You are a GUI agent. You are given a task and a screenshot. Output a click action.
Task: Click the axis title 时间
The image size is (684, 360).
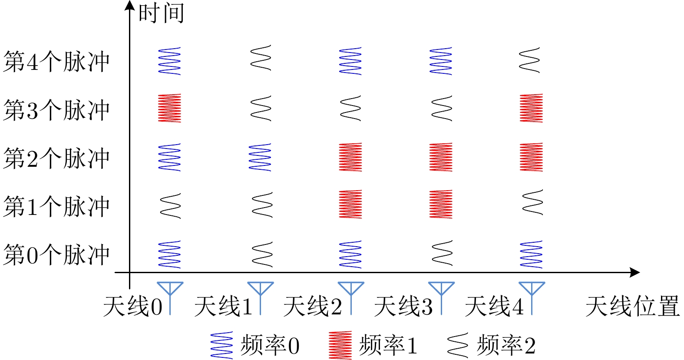point(161,13)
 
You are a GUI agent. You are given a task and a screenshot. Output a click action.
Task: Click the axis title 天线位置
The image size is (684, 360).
point(632,306)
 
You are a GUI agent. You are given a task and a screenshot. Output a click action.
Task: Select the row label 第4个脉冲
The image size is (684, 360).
point(56,61)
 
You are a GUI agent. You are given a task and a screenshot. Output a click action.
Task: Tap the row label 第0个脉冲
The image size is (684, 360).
point(56,254)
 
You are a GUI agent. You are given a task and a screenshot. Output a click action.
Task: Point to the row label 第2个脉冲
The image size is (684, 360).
point(56,158)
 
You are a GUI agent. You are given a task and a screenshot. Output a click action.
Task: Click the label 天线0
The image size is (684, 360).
point(132,306)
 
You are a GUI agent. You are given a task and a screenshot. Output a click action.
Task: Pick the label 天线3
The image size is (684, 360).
point(403,306)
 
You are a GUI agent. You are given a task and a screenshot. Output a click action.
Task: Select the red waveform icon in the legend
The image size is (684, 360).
point(340,345)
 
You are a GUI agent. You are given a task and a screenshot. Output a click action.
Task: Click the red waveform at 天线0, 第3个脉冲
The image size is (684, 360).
point(169,108)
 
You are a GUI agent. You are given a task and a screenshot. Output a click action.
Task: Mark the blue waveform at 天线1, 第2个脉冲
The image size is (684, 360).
point(260,157)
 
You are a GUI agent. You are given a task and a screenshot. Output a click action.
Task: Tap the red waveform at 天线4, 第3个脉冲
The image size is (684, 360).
point(531,108)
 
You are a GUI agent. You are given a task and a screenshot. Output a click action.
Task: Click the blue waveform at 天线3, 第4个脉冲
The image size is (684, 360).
point(441,61)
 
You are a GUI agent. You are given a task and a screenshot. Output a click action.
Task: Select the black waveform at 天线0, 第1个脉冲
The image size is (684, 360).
point(170,206)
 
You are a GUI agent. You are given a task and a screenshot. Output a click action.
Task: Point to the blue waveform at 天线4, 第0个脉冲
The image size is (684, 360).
point(531,254)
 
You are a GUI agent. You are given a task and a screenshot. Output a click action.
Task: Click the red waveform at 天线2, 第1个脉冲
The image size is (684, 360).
point(350,204)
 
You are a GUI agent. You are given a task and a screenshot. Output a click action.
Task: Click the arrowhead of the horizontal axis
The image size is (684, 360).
point(635,273)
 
